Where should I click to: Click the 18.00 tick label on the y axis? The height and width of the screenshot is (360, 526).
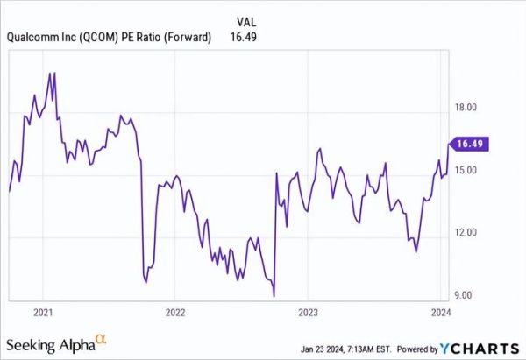(x=464, y=107)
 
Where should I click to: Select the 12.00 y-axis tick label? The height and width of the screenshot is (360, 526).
(x=464, y=232)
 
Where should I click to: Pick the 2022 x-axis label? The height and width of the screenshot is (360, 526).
(x=174, y=311)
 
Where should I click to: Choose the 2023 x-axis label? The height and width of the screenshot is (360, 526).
(x=308, y=311)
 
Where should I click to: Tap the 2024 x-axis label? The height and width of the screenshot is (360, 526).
(x=441, y=311)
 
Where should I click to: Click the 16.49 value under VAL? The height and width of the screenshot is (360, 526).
(x=249, y=37)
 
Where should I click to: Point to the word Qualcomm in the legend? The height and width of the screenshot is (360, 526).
(x=33, y=37)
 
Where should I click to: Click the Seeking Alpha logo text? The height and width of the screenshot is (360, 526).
(x=52, y=341)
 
